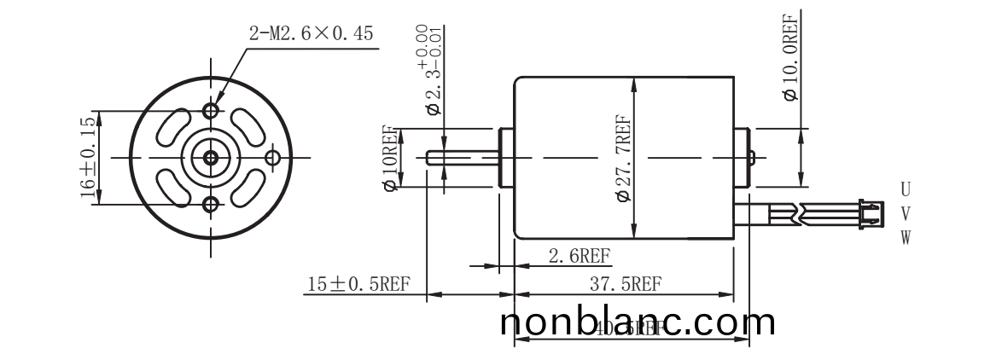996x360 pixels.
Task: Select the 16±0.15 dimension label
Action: coord(87,158)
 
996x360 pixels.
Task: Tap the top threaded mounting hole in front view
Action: coord(211,111)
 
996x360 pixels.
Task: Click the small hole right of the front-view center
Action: coord(273,158)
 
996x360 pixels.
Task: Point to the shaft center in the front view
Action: coord(211,158)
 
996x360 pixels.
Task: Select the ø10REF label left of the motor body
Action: coord(391,158)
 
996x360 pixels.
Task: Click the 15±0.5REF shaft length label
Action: coord(360,284)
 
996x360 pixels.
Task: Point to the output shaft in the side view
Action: coord(461,158)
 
